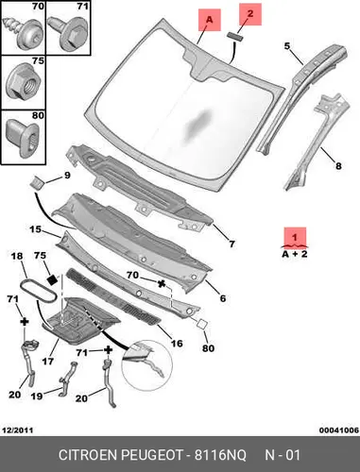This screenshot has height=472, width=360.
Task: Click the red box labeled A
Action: (x=210, y=20)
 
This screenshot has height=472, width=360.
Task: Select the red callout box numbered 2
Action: (x=250, y=14)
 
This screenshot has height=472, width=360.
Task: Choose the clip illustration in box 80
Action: (x=23, y=139)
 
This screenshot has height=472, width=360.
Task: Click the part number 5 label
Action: (x=287, y=46)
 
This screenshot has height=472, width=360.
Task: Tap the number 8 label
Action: (x=338, y=166)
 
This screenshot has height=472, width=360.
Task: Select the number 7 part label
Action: (x=231, y=244)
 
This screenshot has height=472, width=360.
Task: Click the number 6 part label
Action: (x=223, y=298)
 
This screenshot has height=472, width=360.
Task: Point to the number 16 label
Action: (x=177, y=343)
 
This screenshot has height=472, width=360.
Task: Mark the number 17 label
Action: (x=48, y=361)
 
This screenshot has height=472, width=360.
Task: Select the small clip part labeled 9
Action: (x=38, y=182)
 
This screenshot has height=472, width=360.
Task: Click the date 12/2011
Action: (x=18, y=430)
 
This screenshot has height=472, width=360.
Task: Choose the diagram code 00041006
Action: (x=339, y=430)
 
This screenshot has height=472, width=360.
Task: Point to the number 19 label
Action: (x=37, y=396)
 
